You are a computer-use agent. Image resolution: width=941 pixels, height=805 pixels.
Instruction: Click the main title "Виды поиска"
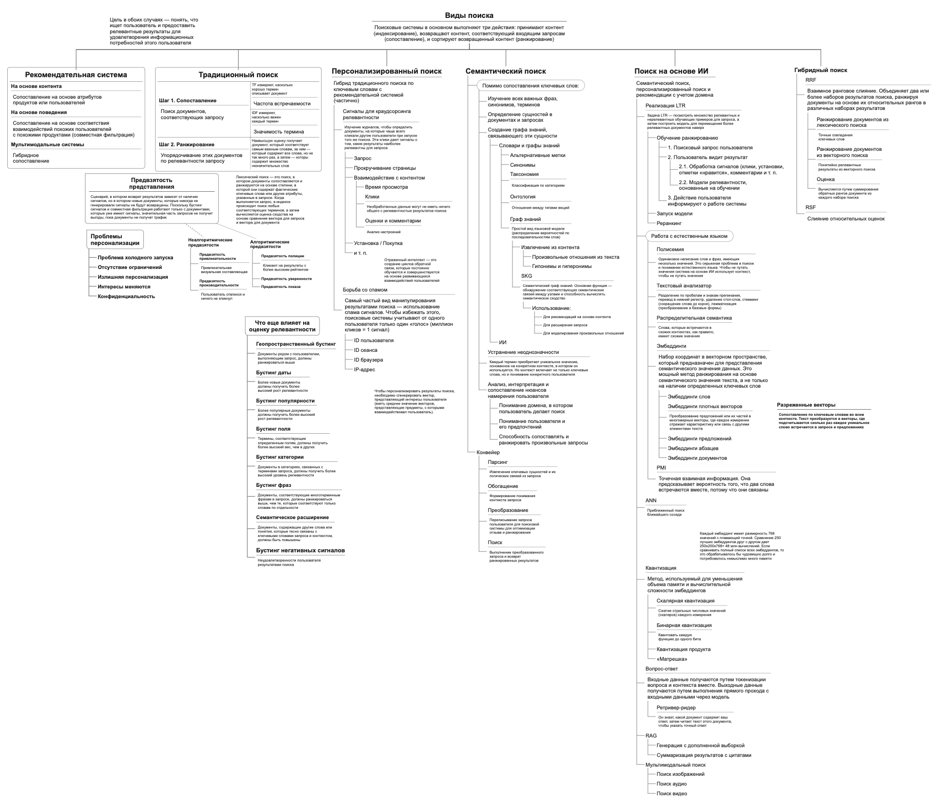pyautogui.click(x=469, y=16)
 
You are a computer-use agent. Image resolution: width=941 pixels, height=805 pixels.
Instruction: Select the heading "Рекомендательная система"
pyautogui.click(x=76, y=75)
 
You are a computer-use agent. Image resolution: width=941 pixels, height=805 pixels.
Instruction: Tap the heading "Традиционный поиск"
pyautogui.click(x=238, y=75)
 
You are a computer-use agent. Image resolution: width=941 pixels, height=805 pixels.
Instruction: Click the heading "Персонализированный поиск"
pyautogui.click(x=387, y=72)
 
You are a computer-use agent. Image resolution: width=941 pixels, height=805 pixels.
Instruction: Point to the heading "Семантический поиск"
pyautogui.click(x=505, y=72)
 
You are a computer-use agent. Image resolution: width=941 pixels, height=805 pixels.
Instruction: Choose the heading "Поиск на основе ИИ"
pyautogui.click(x=671, y=72)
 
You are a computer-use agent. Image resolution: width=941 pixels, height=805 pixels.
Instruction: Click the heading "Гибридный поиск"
pyautogui.click(x=820, y=70)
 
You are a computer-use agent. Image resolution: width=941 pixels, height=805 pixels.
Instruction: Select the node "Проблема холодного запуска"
pyautogui.click(x=135, y=258)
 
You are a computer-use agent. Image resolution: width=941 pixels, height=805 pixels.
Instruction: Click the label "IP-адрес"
pyautogui.click(x=364, y=370)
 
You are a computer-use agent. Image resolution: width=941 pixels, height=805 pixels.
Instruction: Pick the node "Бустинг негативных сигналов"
pyautogui.click(x=300, y=551)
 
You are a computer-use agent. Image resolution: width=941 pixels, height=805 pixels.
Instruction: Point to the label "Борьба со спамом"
pyautogui.click(x=365, y=290)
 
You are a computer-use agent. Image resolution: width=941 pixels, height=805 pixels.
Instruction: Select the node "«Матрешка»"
pyautogui.click(x=672, y=659)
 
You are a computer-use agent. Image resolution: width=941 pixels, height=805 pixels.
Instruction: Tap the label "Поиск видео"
pyautogui.click(x=672, y=793)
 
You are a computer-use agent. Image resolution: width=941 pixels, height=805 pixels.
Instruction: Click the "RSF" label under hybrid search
pyautogui.click(x=810, y=208)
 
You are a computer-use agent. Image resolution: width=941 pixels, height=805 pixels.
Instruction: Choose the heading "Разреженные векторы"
pyautogui.click(x=806, y=405)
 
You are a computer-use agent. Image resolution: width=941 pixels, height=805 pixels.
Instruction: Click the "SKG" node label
pyautogui.click(x=526, y=276)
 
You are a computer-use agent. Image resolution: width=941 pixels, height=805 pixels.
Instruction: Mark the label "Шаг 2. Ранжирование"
pyautogui.click(x=186, y=145)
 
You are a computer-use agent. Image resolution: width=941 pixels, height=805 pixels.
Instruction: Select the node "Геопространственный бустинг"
pyautogui.click(x=296, y=344)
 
